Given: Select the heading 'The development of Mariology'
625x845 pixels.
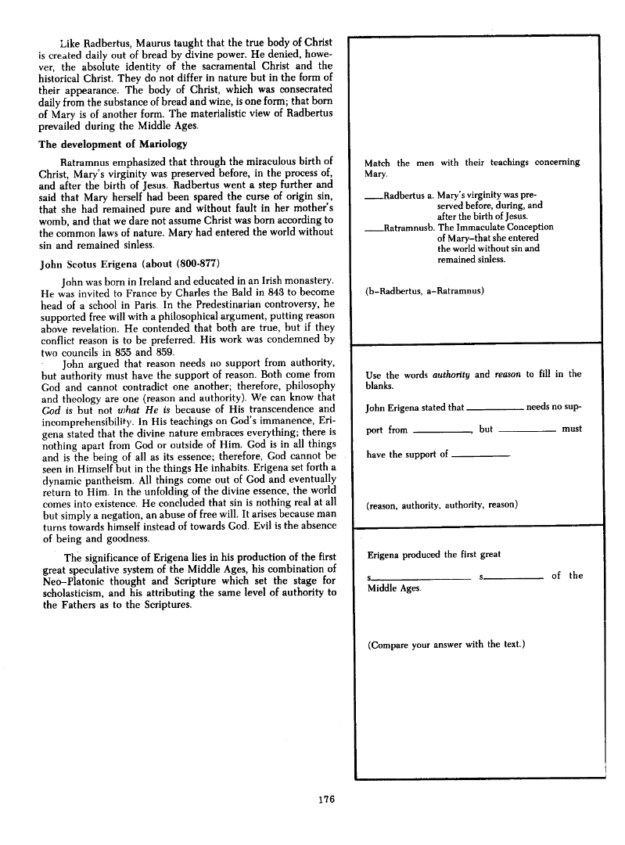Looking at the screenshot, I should pyautogui.click(x=111, y=144).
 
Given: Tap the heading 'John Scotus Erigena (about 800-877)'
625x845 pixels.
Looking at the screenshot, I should pyautogui.click(x=123, y=263).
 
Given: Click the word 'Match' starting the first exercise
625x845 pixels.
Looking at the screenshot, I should pyautogui.click(x=379, y=163).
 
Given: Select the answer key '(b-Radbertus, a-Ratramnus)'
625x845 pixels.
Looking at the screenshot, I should pyautogui.click(x=426, y=292).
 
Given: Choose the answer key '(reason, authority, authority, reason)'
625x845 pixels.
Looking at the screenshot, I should pyautogui.click(x=442, y=505).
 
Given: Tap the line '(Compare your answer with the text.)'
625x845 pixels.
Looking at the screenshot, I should pyautogui.click(x=444, y=645).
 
